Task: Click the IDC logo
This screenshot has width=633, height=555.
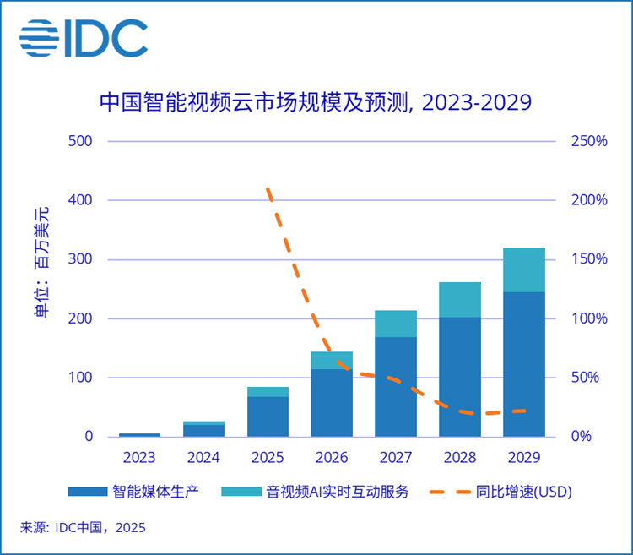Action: [x=84, y=37]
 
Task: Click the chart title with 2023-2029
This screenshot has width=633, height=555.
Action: [x=315, y=103]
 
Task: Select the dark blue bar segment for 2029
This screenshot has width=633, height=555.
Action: [x=523, y=364]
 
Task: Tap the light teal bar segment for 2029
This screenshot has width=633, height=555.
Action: [x=523, y=269]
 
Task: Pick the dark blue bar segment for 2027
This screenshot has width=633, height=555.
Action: [x=396, y=387]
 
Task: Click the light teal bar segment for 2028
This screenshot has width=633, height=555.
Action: [x=460, y=299]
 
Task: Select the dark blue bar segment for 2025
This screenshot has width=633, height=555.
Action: [x=268, y=416]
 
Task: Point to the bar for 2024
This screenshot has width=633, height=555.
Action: [x=204, y=429]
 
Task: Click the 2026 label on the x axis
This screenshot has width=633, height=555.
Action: [x=332, y=458]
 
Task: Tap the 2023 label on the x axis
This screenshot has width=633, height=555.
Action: [x=139, y=458]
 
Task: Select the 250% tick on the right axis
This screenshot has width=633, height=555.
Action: [x=589, y=141]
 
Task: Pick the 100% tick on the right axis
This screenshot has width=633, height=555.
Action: [x=589, y=319]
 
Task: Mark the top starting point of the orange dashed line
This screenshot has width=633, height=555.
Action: [x=268, y=189]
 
